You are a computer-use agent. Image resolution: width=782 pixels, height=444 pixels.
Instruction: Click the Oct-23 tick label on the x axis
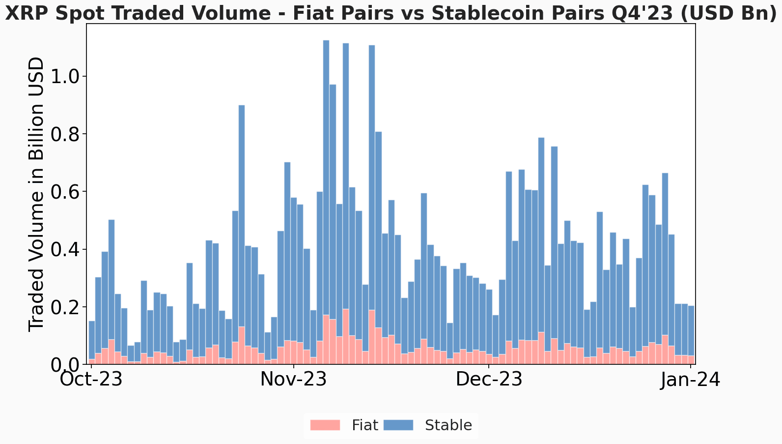(91, 380)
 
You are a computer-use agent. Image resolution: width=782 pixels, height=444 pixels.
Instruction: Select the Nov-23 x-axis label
(293, 380)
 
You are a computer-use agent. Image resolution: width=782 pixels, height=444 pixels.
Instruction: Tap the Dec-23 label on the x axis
(489, 380)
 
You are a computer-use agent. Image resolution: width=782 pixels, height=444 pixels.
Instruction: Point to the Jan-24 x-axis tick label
(690, 380)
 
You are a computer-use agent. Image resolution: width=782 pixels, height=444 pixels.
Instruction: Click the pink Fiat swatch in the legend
(325, 425)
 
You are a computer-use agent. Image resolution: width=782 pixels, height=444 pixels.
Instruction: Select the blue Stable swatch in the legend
(397, 425)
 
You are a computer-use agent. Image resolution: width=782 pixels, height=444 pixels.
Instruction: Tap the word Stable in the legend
(448, 425)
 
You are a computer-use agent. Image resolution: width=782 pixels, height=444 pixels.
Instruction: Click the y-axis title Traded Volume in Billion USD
(37, 194)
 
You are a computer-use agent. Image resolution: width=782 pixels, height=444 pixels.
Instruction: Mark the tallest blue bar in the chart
(326, 177)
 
